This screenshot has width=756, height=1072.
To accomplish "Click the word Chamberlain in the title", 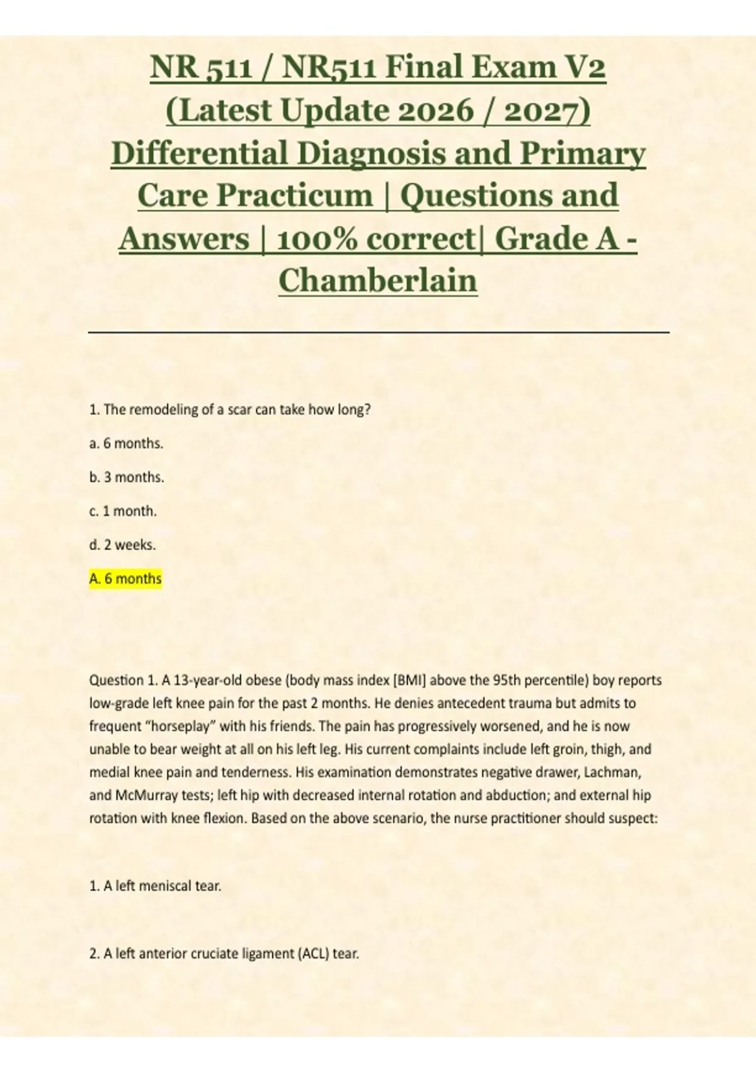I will (378, 281).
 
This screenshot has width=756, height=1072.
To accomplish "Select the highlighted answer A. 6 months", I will (126, 579).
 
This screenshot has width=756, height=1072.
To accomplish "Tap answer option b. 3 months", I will (127, 477).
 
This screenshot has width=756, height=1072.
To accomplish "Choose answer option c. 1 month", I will (123, 511).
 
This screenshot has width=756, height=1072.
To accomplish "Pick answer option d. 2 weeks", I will (122, 545).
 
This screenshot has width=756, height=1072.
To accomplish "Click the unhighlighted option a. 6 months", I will (126, 444).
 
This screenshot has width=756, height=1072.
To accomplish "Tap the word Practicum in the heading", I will (295, 195).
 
